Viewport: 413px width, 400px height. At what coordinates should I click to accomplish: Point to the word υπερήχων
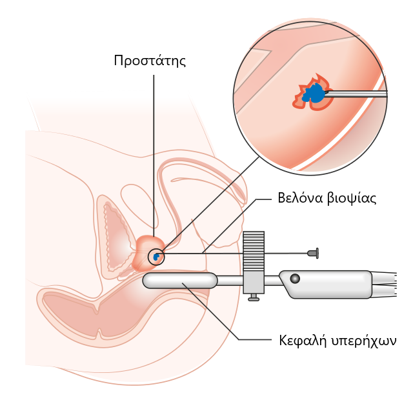(x=366, y=339)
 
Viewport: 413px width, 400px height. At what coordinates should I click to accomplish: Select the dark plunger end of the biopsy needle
(x=314, y=253)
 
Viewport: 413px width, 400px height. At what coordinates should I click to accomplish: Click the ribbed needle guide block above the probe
(x=255, y=248)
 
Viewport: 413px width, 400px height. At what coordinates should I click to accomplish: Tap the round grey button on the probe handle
(x=295, y=279)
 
